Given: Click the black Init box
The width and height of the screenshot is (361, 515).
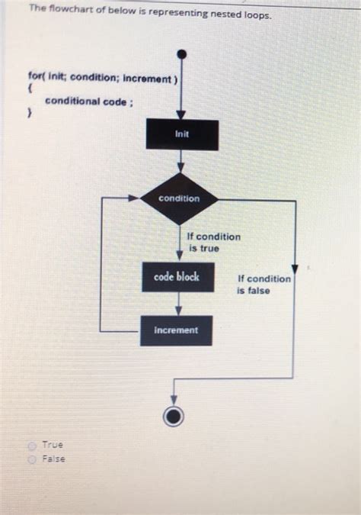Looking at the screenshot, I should [181, 135].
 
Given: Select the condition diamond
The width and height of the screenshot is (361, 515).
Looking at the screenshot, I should [180, 198].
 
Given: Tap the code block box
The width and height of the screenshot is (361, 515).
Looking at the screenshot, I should [178, 277].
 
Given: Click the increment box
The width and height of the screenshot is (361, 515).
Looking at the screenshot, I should [176, 330].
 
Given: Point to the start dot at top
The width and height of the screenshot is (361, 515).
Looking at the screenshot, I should [181, 54].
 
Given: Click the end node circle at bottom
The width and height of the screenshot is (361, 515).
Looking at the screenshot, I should [174, 416].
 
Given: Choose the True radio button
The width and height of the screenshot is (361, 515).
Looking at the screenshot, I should [32, 445].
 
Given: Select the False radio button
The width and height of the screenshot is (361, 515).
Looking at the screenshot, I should [32, 459].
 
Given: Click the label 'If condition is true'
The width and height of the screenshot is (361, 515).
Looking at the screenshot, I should [214, 242].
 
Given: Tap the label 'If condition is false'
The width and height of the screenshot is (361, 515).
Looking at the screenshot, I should [263, 284].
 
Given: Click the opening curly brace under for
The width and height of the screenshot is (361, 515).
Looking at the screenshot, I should [29, 89].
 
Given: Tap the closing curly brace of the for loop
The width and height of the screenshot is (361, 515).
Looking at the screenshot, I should [29, 114].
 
